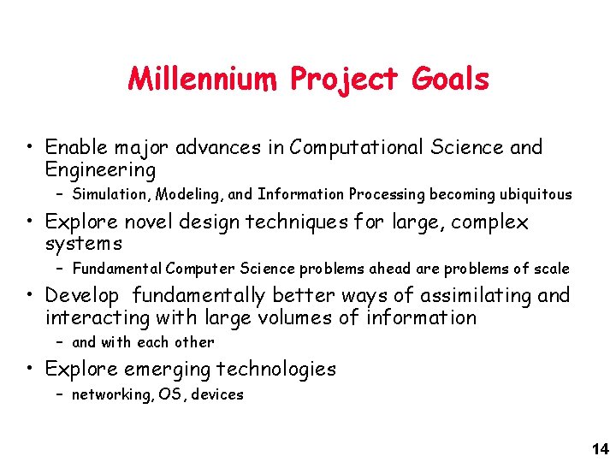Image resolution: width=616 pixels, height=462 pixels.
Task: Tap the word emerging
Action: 168,370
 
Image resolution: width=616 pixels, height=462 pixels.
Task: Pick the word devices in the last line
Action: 219,394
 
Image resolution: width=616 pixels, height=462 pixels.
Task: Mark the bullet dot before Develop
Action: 30,297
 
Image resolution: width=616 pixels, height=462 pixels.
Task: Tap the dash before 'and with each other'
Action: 60,342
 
